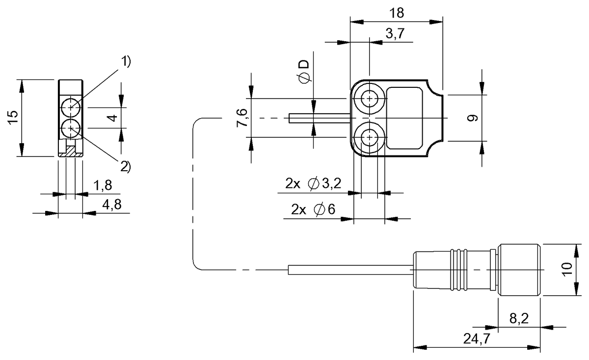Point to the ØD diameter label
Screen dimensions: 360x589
[x=304, y=72]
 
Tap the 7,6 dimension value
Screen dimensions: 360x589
[x=242, y=119]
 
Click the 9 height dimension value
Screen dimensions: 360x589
[x=472, y=118]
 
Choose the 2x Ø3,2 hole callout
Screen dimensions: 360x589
[x=313, y=184]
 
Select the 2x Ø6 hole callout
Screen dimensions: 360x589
[x=313, y=210]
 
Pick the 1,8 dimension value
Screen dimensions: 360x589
[x=102, y=185]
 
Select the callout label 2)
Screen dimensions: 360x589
[x=126, y=167]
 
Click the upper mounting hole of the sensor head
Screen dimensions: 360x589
[x=369, y=99]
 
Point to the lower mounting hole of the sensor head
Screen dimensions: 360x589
[x=369, y=138]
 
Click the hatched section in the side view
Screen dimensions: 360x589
[x=71, y=151]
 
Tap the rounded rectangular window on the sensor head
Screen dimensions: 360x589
[x=404, y=118]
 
